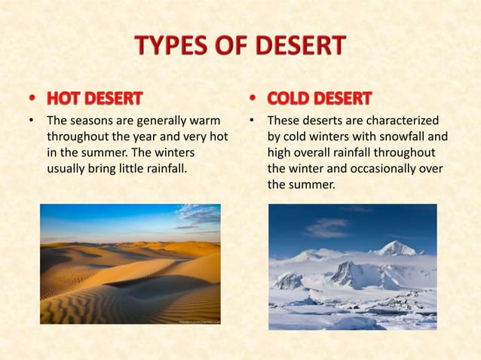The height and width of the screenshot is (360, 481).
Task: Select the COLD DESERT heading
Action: [320, 99]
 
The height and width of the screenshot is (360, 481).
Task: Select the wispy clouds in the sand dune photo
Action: [198, 214]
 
